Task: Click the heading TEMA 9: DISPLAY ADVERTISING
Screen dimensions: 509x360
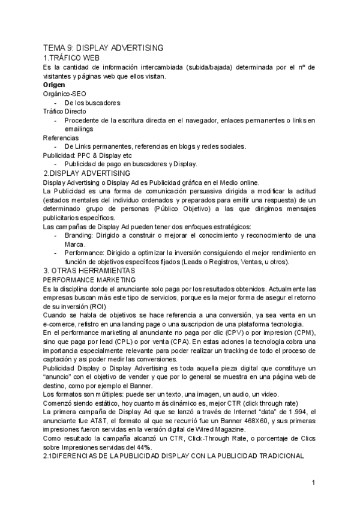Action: coord(103,47)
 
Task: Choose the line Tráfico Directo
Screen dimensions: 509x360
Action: coord(64,111)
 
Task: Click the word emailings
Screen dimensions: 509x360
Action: coord(79,128)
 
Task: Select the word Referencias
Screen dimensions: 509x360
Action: coord(61,137)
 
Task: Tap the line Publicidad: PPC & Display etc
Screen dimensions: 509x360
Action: coord(87,155)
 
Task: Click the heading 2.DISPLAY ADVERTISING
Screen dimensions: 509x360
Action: coord(88,173)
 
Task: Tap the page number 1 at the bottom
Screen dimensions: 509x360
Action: coord(314,482)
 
